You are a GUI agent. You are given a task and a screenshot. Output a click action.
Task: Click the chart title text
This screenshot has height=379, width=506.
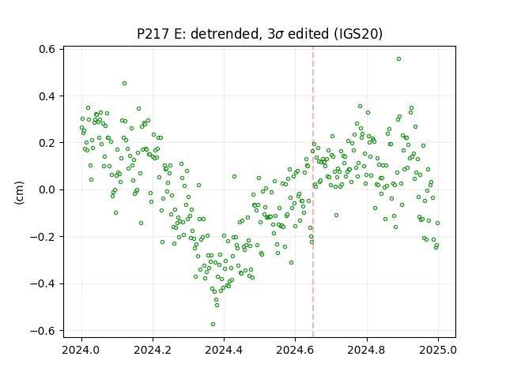(x=259, y=34)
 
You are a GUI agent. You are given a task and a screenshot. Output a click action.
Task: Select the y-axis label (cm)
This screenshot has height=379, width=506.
(x=19, y=193)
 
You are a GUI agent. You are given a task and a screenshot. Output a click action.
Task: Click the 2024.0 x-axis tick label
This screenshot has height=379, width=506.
(x=81, y=350)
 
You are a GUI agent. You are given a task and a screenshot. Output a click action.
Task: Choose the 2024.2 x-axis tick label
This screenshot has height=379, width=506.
(x=153, y=350)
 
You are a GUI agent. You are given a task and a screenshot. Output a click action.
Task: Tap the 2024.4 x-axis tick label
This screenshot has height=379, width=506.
(x=224, y=350)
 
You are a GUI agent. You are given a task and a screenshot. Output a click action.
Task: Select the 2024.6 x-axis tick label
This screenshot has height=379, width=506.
(x=295, y=350)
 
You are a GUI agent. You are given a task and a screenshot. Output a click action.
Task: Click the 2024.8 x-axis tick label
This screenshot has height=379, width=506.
(x=366, y=350)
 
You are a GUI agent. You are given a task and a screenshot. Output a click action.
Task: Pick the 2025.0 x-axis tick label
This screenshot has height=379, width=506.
(x=437, y=350)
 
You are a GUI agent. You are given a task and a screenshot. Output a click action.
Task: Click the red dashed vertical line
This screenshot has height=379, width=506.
(x=313, y=192)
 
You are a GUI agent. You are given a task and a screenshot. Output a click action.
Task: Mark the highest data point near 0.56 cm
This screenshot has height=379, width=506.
(x=398, y=59)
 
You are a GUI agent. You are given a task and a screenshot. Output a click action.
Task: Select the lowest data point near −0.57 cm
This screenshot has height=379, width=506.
(x=213, y=325)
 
